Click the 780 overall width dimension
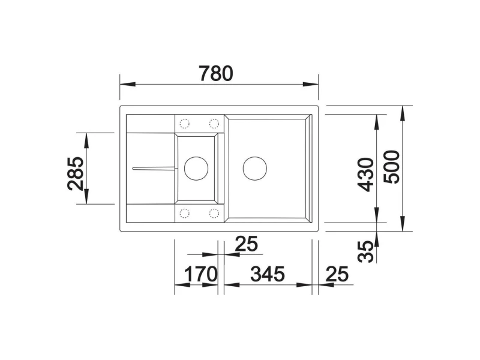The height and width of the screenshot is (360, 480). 216,73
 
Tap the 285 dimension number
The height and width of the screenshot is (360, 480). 76,173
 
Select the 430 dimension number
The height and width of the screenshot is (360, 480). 366,175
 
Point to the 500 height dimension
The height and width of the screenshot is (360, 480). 392,167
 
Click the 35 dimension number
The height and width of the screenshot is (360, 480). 366,251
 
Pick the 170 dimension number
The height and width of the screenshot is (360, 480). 201,274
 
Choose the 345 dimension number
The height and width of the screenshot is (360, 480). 268,274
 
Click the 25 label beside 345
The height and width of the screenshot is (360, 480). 337,274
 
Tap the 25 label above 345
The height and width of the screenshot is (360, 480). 247,244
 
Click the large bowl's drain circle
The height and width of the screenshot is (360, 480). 254,169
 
